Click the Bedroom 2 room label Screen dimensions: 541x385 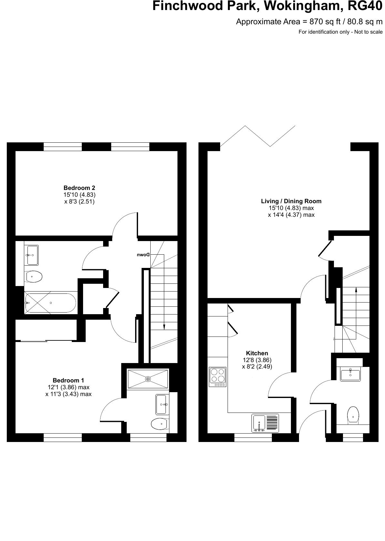(79, 188)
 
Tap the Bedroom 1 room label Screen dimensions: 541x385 (69, 380)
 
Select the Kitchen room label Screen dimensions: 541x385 (257, 353)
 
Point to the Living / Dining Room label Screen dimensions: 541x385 (291, 201)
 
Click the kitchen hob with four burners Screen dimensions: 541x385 (218, 377)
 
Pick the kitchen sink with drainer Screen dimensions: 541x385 (265, 424)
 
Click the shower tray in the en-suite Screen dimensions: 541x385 (148, 379)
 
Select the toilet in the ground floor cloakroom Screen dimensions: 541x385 (353, 415)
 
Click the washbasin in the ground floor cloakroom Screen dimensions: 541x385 (350, 374)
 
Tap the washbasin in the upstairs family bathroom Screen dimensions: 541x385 (32, 255)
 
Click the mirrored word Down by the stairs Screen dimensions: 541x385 (143, 255)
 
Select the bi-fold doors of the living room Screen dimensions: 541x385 (258, 136)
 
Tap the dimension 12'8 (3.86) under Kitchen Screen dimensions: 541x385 (257, 360)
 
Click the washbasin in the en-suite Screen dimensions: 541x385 (162, 404)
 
